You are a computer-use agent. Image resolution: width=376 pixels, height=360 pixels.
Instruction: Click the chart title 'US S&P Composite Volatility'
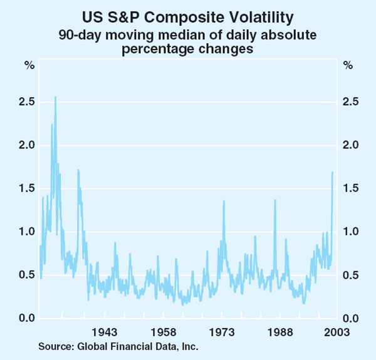coord(188,13)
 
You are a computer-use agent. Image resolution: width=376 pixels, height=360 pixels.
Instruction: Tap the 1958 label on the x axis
coord(163,331)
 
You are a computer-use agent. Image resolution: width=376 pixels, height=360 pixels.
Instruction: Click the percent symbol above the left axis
coord(29,65)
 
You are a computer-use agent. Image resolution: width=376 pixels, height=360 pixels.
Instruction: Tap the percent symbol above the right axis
coord(348,65)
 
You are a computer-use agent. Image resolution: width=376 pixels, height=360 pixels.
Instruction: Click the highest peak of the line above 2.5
coord(55,98)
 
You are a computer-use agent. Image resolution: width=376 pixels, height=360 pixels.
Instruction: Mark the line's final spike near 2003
coord(332,172)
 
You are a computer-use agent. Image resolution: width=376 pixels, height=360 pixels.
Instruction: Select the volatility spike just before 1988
coord(275,200)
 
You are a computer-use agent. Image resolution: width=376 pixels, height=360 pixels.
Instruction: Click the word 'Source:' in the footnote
coord(55,346)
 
